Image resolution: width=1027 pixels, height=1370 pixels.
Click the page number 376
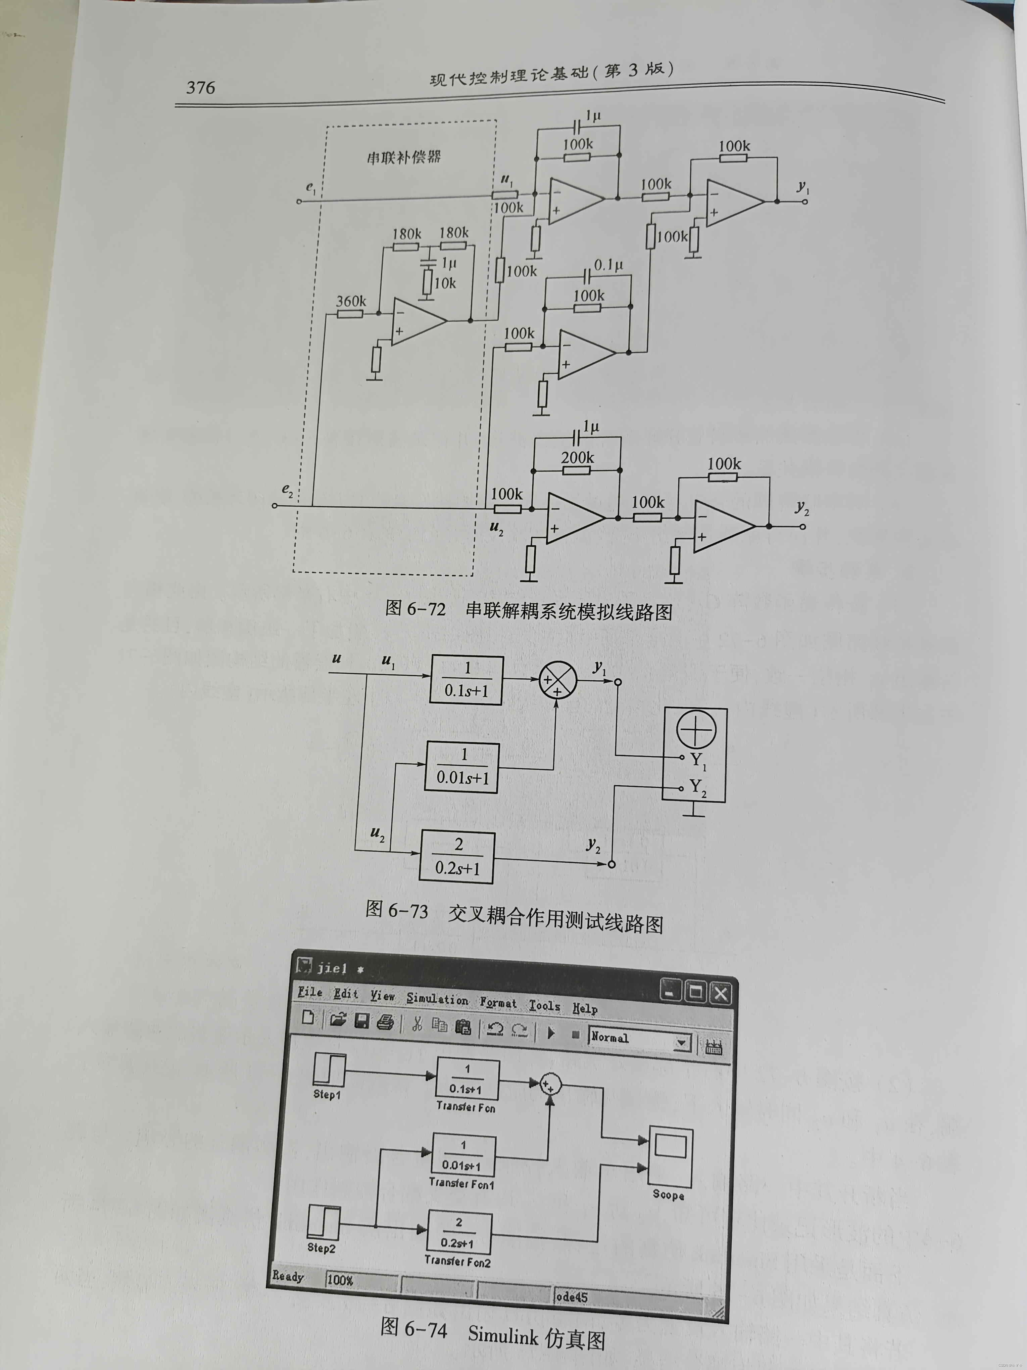201,87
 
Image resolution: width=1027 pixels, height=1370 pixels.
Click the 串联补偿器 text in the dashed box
404,157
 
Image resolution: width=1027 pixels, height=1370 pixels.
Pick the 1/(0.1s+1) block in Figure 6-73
467,679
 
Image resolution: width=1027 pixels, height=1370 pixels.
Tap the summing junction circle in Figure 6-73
558,680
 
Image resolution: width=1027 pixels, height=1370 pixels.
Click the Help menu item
584,1008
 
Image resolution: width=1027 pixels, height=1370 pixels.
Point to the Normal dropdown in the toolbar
639,1041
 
